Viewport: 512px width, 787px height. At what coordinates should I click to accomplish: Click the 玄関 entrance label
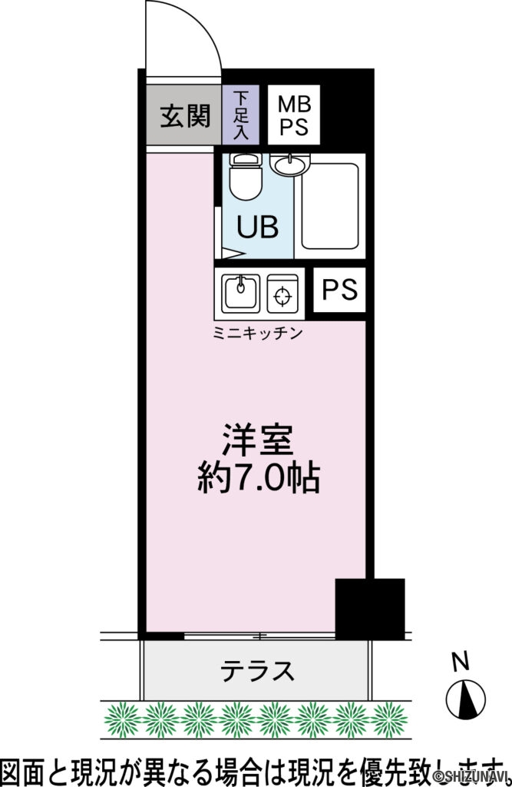[x=184, y=116]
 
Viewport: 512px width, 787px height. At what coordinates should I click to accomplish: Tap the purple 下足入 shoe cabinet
[x=241, y=116]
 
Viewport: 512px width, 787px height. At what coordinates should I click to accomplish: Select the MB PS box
[x=293, y=116]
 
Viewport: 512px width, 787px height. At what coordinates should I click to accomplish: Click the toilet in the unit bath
[x=246, y=176]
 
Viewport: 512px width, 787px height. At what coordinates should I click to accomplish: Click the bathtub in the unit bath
[x=330, y=205]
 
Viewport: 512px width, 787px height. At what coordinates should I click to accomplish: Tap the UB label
[x=257, y=227]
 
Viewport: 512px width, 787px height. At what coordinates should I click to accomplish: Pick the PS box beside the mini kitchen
[x=339, y=290]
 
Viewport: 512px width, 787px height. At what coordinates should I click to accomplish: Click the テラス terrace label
[x=257, y=671]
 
